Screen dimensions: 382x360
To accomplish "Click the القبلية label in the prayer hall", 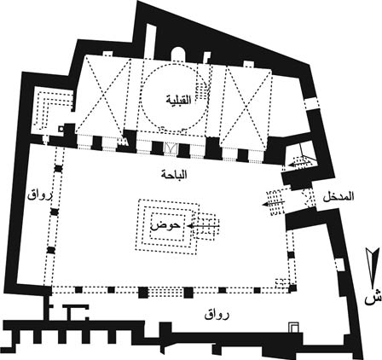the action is pos(179,99).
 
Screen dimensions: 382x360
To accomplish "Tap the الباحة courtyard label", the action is pos(174,174).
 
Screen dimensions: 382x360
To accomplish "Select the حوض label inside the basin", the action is pos(166,225).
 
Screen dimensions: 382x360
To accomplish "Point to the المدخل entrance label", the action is pos(339,197).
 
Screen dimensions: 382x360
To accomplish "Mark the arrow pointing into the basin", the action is pos(203,226).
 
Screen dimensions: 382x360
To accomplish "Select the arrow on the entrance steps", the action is pos(274,203).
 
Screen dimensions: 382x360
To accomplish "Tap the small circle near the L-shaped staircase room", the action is pos(61,129).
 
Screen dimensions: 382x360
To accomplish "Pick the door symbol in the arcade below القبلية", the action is pos(171,148).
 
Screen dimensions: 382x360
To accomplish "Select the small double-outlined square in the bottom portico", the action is pos(293,327).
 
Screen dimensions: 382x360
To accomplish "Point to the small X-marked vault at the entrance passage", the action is pos(308,198).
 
